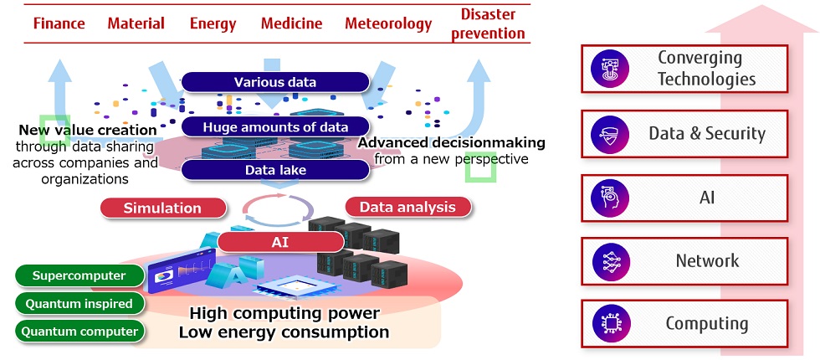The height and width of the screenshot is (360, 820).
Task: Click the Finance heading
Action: point(59,23)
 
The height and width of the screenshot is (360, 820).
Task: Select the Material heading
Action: point(136,23)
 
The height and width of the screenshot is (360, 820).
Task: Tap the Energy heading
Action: point(213,23)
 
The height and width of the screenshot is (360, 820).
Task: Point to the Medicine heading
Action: point(291,23)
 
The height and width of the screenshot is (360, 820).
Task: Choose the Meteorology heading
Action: point(388,23)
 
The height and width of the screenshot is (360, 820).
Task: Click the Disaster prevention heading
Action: point(493,23)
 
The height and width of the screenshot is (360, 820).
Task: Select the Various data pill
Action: point(274,82)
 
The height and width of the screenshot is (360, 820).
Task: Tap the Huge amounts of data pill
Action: point(274,126)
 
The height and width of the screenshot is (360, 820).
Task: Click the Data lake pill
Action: point(274,170)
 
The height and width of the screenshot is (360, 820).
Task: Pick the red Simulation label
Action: point(162,208)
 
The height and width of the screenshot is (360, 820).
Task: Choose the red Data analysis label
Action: point(407,207)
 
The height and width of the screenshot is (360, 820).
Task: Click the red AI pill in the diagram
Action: point(280,242)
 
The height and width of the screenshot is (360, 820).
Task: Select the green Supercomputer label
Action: point(79,275)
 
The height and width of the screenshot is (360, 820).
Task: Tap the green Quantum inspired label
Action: point(79,303)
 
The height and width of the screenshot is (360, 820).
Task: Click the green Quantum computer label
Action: point(79,331)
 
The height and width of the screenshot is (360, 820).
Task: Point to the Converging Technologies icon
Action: point(610,69)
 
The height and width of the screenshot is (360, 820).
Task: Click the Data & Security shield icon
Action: point(610,134)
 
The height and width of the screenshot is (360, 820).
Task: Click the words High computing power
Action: point(284,314)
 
